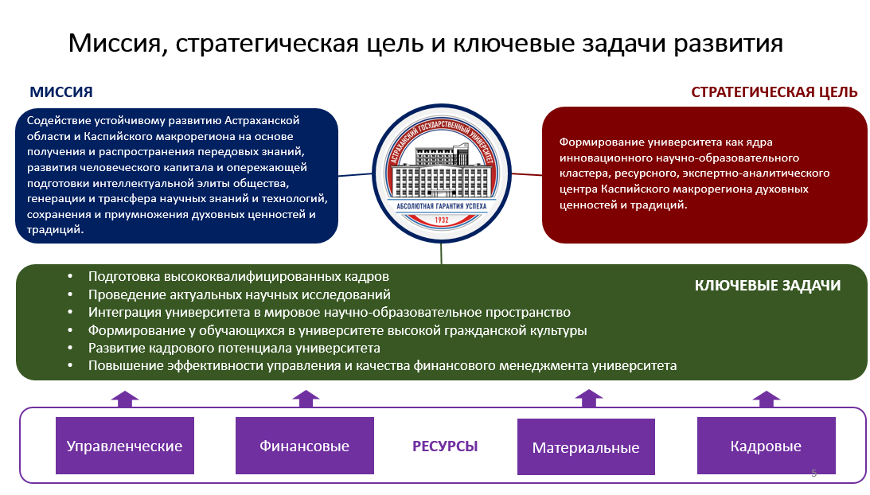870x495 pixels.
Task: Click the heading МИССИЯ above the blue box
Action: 61,92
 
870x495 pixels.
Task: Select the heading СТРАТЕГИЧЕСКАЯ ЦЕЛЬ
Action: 774,92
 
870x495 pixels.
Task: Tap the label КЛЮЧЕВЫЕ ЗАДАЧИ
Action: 767,286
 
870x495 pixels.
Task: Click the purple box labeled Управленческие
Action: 124,446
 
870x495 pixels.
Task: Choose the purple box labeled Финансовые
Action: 304,446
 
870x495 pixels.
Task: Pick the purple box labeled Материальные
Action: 585,446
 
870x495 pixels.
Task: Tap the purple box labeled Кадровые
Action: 766,446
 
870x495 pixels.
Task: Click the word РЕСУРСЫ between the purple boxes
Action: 445,446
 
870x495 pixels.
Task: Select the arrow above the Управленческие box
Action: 125,398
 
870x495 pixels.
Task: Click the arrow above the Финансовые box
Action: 305,398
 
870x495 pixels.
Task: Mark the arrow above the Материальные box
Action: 588,397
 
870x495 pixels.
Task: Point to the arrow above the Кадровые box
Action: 767,398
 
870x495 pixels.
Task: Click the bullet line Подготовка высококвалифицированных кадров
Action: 239,277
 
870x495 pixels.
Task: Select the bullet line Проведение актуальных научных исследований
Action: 239,294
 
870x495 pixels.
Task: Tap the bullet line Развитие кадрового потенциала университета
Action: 234,348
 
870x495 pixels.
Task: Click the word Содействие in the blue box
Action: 57,121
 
